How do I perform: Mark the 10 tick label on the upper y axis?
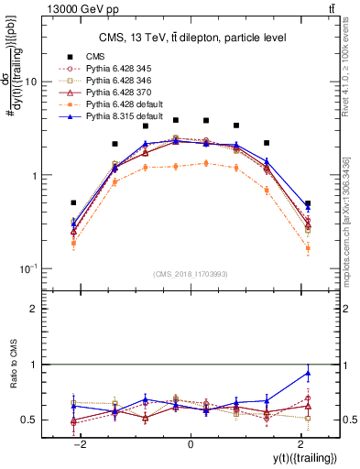(x=30, y=82)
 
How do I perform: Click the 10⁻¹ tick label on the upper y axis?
(x=27, y=268)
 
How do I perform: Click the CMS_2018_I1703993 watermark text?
(x=190, y=274)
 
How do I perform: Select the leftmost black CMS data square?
(x=73, y=202)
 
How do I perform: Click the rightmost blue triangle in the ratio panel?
(x=308, y=373)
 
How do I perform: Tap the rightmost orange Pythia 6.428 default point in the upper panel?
(x=308, y=248)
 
